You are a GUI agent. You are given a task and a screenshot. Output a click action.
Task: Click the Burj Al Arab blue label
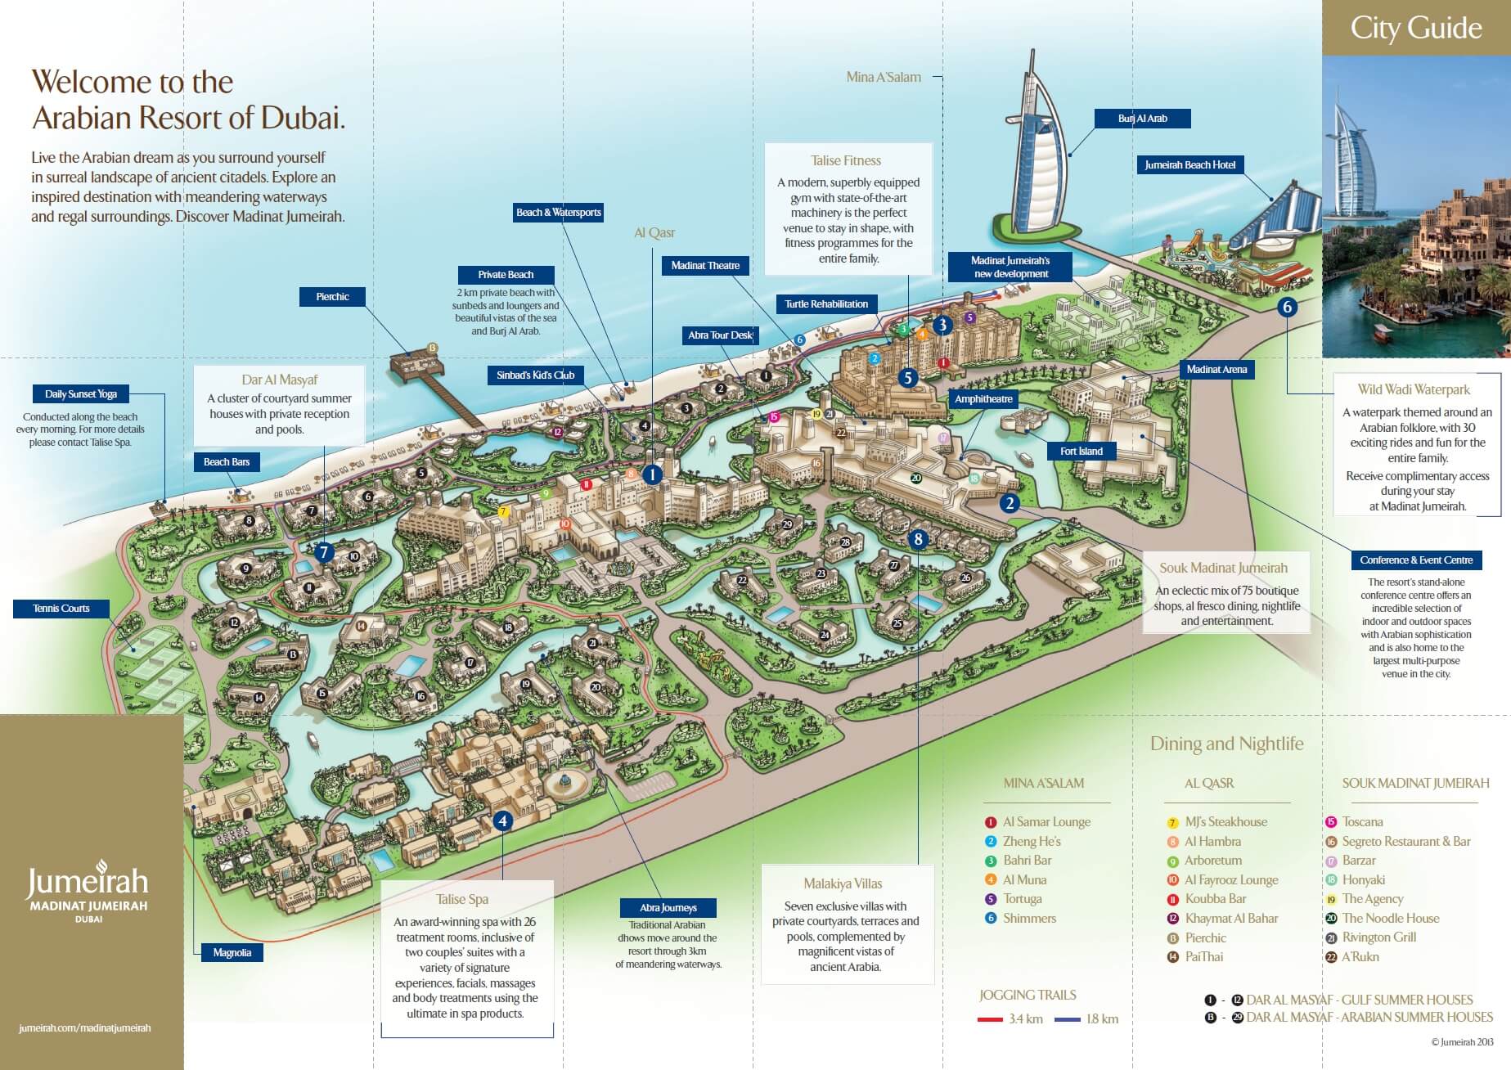pos(1142,119)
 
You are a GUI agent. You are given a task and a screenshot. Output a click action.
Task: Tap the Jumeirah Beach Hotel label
pos(1189,165)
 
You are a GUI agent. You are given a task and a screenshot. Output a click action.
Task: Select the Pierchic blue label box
pos(332,297)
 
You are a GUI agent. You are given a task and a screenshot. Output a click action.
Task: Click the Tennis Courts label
pos(61,609)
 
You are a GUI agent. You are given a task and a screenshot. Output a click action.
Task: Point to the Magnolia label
pos(232,953)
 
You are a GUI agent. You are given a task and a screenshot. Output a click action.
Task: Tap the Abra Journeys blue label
pos(668,908)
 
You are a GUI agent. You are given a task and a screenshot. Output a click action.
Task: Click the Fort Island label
pos(1081,452)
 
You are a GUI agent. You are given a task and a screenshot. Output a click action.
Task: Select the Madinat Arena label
pos(1216,370)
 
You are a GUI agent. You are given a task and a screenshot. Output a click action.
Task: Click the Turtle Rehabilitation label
pos(826,304)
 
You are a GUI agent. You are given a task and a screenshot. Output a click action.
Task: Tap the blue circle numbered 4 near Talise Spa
pos(502,820)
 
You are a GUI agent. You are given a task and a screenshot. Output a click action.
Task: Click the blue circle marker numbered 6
pos(1288,307)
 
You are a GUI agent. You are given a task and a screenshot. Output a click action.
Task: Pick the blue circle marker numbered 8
pos(918,539)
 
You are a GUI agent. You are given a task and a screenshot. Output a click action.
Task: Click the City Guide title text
pos(1416,28)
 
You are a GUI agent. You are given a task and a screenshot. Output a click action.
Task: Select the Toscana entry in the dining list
pos(1362,822)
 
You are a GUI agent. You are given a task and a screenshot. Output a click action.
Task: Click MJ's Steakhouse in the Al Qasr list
pos(1225,822)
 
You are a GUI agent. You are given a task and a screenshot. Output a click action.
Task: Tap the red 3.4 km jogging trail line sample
pos(990,1020)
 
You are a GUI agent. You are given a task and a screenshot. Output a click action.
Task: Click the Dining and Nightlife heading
pos(1226,744)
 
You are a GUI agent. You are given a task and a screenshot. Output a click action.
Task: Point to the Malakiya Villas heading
pos(843,884)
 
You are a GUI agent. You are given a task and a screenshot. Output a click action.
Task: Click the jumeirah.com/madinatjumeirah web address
pos(85,1028)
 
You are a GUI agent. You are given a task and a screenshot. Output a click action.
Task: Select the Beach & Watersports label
pos(558,213)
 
